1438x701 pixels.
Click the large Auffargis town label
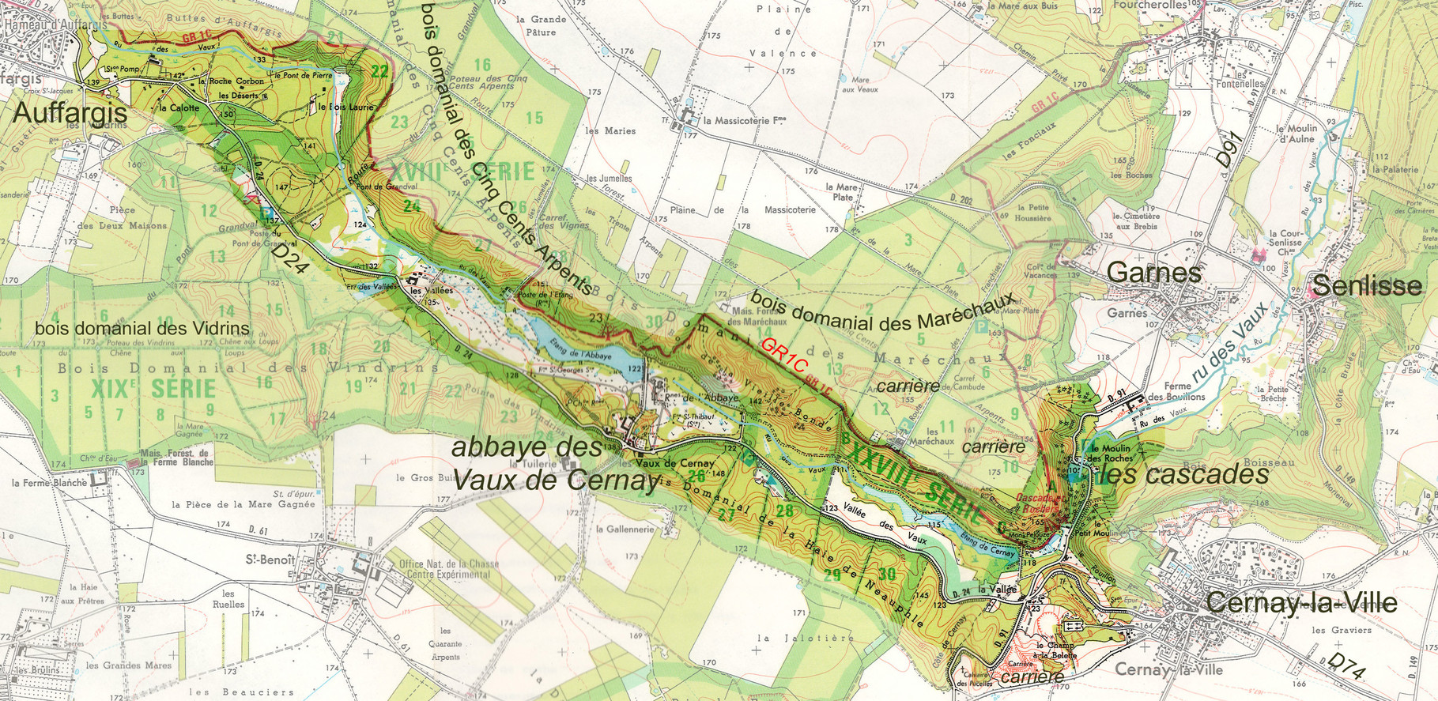[x=70, y=113]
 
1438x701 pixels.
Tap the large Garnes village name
[x=1153, y=273]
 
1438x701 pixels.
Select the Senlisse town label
[x=1366, y=285]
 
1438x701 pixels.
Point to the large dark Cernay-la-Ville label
[x=1301, y=604]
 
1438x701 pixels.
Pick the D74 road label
[x=1346, y=666]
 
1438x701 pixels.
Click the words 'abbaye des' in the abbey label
[x=527, y=447]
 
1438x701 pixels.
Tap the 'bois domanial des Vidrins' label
[x=142, y=328]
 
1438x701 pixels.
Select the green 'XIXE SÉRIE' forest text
[x=153, y=389]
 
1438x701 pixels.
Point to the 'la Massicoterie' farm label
[x=743, y=121]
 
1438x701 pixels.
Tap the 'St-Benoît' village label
[x=270, y=560]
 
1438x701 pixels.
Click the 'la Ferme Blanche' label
[x=49, y=482]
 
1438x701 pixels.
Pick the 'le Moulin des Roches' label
[x=1111, y=453]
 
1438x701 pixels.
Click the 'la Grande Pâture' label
[x=541, y=25]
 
